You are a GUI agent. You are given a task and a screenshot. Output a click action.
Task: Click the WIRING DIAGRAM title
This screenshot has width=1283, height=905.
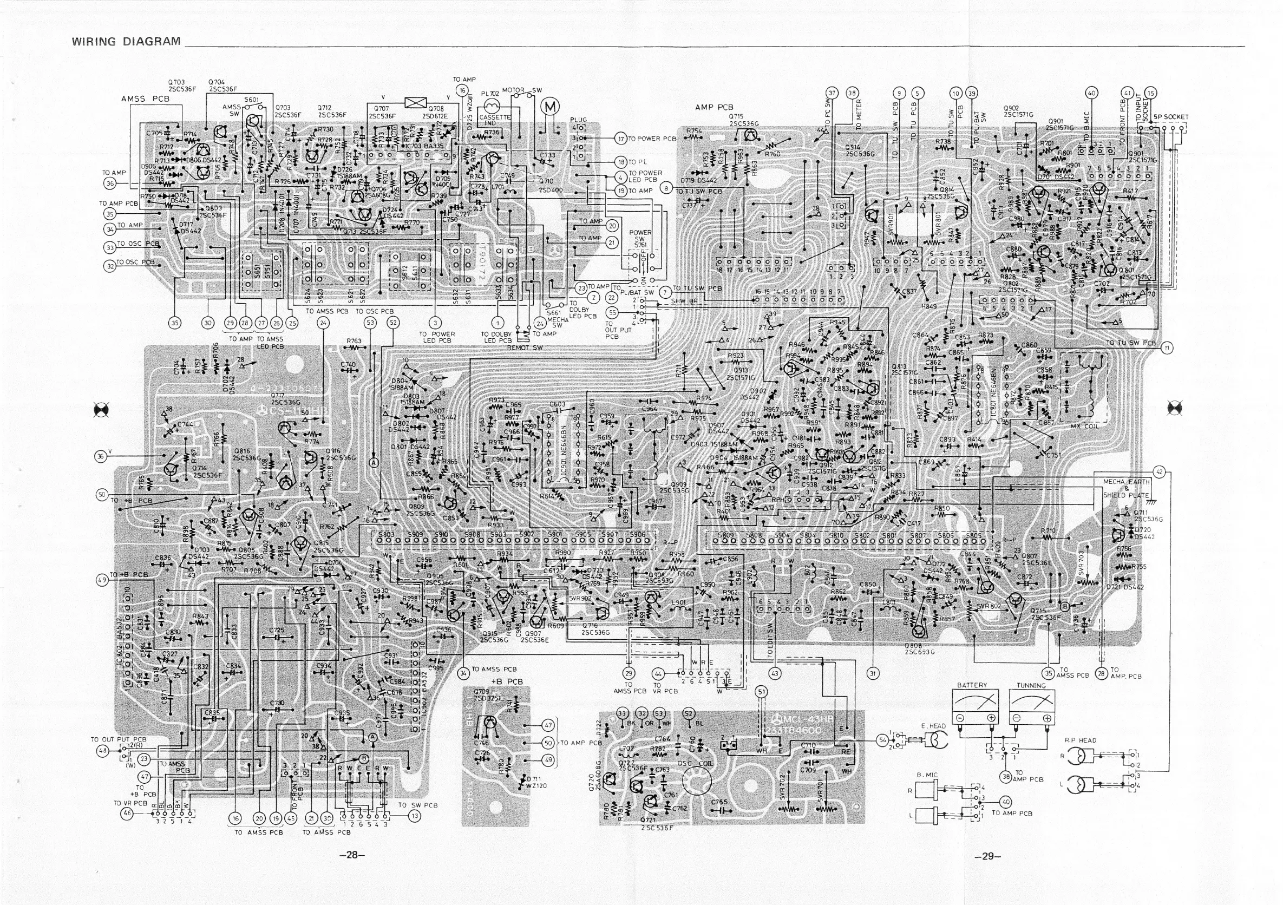pyautogui.click(x=126, y=41)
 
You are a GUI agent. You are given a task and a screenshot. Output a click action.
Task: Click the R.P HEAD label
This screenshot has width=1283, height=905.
pyautogui.click(x=1080, y=740)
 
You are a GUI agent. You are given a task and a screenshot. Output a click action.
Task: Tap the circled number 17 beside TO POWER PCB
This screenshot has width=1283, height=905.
pyautogui.click(x=621, y=138)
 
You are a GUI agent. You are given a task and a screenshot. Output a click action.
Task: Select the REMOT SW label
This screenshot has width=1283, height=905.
pyautogui.click(x=525, y=347)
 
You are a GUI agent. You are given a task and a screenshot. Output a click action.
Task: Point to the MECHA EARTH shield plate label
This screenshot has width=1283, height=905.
pyautogui.click(x=1126, y=488)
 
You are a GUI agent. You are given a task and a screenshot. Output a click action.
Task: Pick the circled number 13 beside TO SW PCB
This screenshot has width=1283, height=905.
pyautogui.click(x=414, y=816)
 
